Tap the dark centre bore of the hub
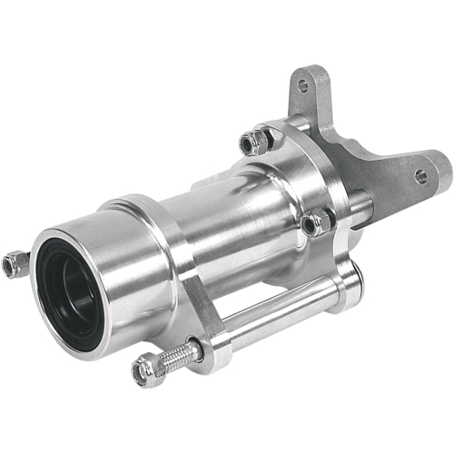(73, 291)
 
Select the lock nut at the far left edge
(13, 262)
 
